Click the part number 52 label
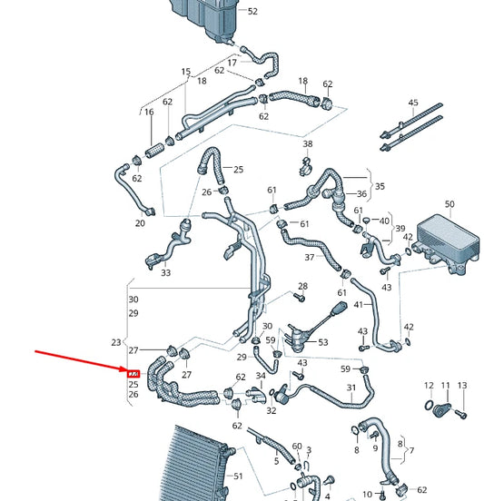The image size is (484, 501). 252,11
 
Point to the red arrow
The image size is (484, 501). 82,361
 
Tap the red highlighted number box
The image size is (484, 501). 133,373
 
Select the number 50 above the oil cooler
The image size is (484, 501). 449,204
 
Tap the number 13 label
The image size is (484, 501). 461,386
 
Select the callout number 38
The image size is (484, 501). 308,144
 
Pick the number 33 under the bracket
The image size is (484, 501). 165,272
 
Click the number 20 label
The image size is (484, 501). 140,223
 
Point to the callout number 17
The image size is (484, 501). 232,63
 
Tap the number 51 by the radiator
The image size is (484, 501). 240,476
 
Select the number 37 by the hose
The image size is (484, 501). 309,257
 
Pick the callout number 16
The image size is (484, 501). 149,112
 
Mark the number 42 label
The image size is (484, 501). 409,327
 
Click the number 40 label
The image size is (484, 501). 385,221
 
